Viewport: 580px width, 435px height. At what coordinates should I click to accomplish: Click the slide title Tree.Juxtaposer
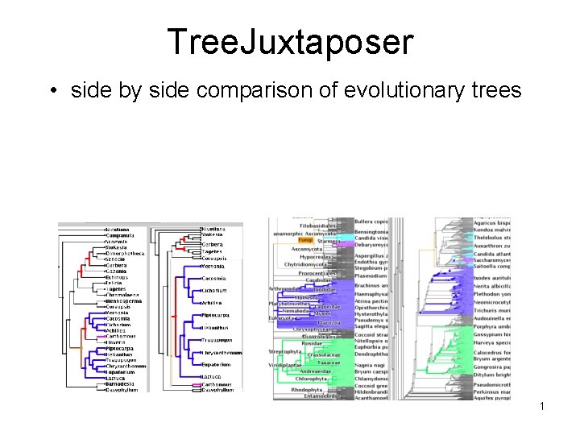[x=289, y=42]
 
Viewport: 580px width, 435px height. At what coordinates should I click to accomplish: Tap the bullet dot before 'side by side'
[x=53, y=90]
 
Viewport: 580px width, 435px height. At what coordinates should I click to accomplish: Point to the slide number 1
[x=542, y=406]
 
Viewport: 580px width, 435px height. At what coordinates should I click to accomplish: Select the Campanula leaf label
[x=121, y=236]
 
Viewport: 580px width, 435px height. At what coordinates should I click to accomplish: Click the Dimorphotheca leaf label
[x=126, y=253]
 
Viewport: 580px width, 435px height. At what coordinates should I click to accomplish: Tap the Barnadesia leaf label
[x=122, y=384]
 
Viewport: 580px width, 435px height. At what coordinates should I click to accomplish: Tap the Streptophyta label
[x=284, y=352]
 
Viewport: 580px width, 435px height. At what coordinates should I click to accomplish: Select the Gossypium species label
[x=491, y=333]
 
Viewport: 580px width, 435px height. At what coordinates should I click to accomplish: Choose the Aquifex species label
[x=491, y=398]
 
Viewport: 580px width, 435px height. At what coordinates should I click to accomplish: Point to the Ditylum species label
[x=491, y=375]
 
